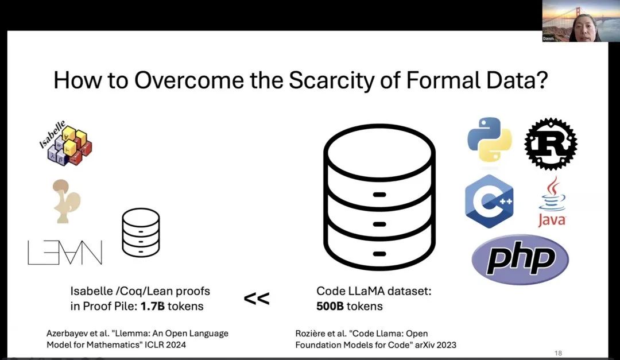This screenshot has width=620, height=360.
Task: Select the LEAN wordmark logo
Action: (x=65, y=253)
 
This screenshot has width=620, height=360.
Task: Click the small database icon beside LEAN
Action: (x=141, y=233)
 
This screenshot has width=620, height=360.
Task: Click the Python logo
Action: (x=489, y=139)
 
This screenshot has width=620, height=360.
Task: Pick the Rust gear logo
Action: (x=551, y=144)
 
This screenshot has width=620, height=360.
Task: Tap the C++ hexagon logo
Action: (x=489, y=201)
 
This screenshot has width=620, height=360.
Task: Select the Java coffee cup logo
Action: (x=552, y=202)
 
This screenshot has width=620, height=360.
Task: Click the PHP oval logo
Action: (x=520, y=260)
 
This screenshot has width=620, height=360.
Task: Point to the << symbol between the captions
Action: (x=256, y=299)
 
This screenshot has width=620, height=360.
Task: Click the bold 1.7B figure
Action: (x=153, y=306)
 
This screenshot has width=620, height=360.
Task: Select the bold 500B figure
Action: (x=330, y=306)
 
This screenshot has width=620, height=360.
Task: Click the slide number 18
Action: (x=559, y=353)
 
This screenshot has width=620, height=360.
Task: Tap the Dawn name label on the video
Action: (x=549, y=38)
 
